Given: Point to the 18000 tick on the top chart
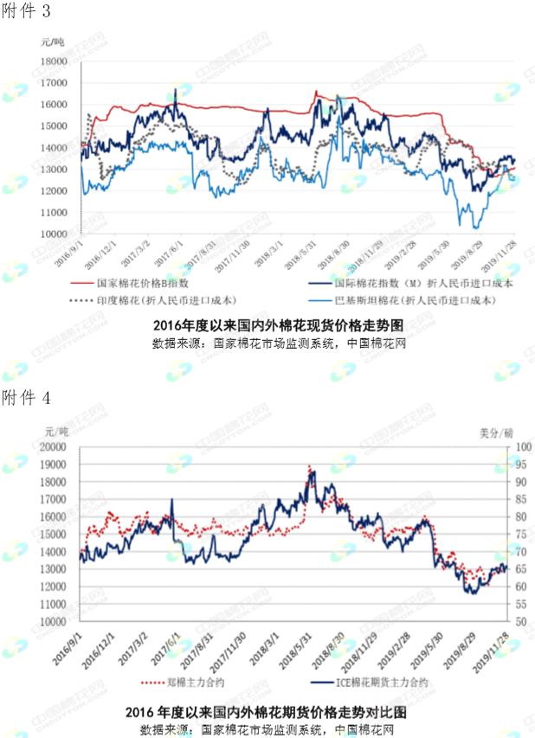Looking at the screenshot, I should click(x=55, y=61).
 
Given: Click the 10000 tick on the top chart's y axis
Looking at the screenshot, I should click(x=55, y=234).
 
